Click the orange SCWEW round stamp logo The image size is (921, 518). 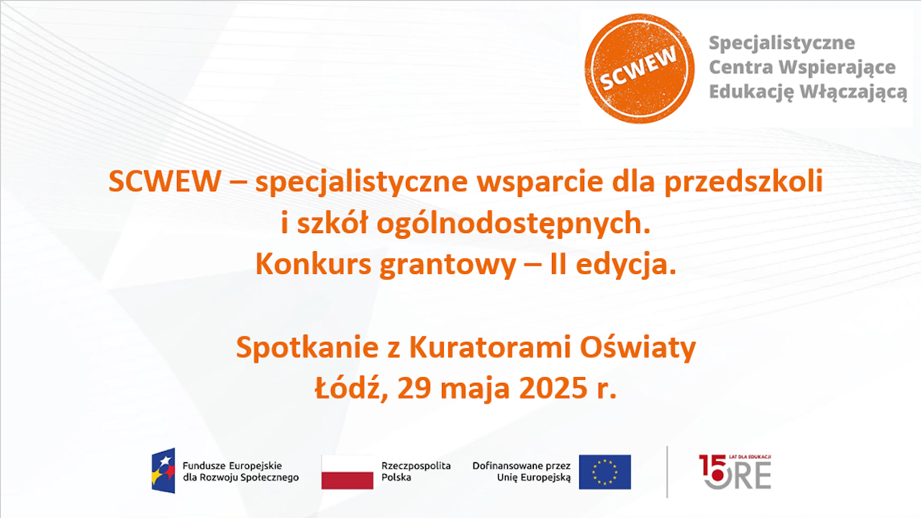(639, 68)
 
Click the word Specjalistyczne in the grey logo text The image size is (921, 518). (782, 43)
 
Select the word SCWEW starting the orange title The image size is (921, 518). (165, 182)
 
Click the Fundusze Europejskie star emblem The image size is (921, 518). (163, 471)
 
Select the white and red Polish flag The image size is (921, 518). (347, 472)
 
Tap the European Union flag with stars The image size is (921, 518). (604, 472)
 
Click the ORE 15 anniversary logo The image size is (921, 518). (735, 472)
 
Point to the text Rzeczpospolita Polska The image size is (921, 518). (416, 471)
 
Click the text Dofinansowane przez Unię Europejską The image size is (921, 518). (522, 471)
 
